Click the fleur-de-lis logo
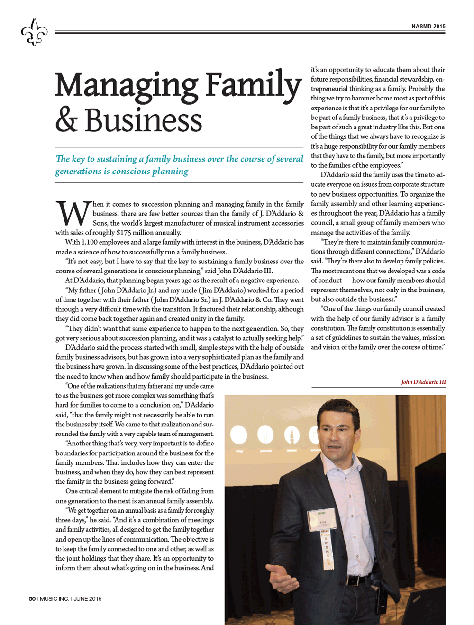[34, 32]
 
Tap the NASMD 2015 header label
[428, 27]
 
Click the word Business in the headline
[143, 120]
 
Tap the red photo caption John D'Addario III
[423, 382]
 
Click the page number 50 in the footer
[32, 598]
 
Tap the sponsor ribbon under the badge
[327, 550]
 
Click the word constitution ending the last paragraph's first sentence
[330, 328]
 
